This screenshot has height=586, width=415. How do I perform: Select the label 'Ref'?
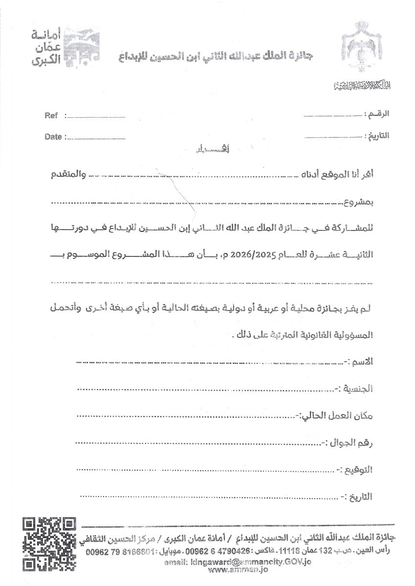51,116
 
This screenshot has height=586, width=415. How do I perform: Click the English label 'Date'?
53,137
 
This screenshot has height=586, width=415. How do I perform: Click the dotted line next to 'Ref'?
95,117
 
